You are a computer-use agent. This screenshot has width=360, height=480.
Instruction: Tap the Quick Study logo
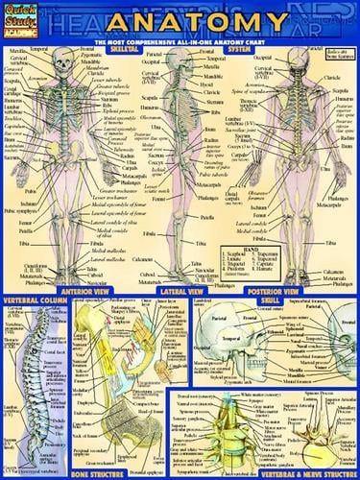[20, 16]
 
